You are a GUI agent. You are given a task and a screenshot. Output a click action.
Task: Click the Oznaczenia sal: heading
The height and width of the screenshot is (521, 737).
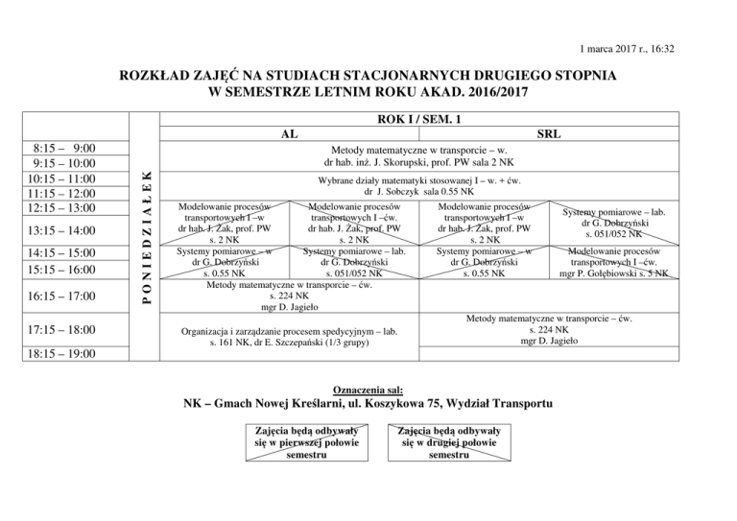(x=368, y=392)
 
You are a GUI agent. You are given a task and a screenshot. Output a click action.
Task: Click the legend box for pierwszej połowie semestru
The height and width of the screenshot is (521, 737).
(x=301, y=442)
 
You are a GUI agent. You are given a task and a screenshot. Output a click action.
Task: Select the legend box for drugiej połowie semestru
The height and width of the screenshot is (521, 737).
(x=436, y=442)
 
